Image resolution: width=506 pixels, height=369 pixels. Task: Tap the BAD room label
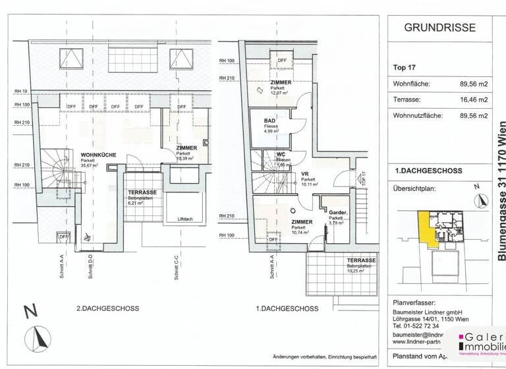269,121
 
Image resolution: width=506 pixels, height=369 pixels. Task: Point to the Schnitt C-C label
177,268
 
